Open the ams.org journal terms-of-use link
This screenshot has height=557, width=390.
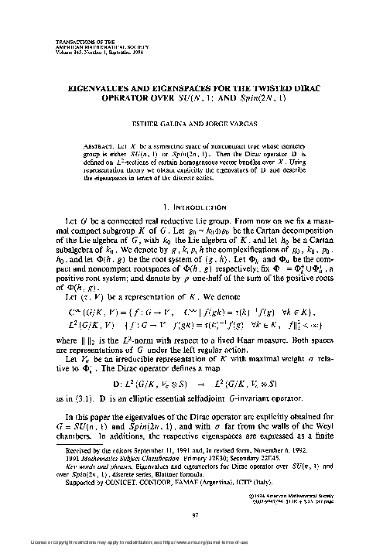point(266,550)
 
